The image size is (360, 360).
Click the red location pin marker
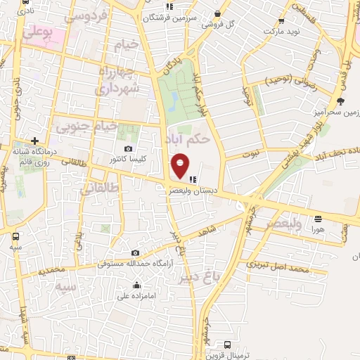180,165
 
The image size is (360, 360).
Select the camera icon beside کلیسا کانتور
128,148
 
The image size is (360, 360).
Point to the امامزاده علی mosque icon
136,284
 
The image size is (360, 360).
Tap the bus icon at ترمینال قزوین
227,345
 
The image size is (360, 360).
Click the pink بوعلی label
37,32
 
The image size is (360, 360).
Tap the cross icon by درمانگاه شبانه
34,141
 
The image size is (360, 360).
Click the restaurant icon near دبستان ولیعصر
193,179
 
